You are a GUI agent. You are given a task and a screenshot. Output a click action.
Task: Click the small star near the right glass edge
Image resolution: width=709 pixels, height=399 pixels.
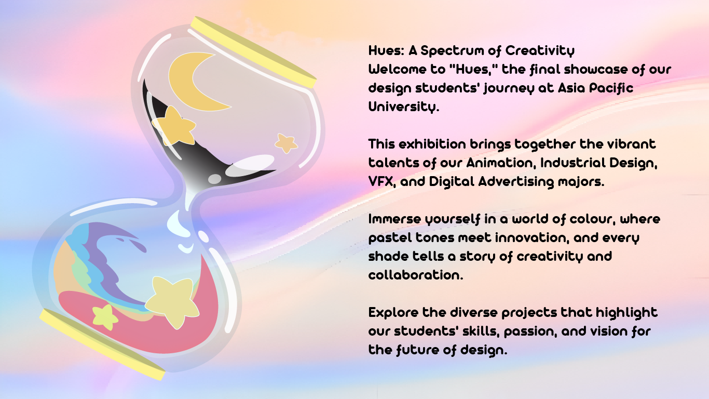pyautogui.click(x=286, y=143)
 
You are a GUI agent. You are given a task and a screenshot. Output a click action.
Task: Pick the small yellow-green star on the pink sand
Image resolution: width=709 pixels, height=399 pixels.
pyautogui.click(x=105, y=317)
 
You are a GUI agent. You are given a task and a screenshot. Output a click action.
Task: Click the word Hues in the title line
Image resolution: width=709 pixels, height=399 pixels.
pyautogui.click(x=386, y=50)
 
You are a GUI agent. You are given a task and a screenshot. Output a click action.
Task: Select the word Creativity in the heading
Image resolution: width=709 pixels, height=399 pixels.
pyautogui.click(x=540, y=51)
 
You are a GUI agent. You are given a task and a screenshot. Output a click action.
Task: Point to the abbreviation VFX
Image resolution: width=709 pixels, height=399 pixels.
pyautogui.click(x=381, y=182)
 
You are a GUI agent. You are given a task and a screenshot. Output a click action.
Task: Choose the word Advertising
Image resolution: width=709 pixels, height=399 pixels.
pyautogui.click(x=516, y=182)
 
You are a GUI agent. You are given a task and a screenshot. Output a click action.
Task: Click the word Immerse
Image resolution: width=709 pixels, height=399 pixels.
pyautogui.click(x=394, y=219)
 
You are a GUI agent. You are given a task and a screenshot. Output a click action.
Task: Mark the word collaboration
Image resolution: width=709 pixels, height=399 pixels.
pyautogui.click(x=416, y=275)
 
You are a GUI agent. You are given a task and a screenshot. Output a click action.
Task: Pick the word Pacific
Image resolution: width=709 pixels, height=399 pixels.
pyautogui.click(x=611, y=88)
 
